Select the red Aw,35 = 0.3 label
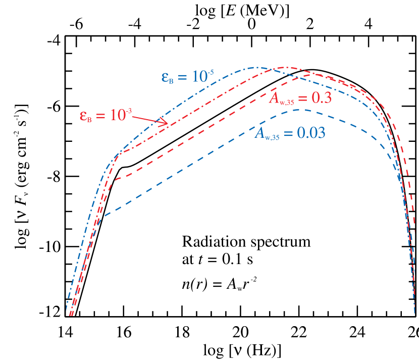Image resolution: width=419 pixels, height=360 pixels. click(300, 98)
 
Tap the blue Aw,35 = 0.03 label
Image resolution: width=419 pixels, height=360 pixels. click(289, 133)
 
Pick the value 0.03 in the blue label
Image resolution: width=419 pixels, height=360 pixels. click(310, 133)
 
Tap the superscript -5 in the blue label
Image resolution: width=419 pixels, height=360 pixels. click(210, 72)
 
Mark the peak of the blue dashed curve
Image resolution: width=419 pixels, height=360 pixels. click(299, 110)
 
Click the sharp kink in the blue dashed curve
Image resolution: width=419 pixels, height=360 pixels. click(103, 216)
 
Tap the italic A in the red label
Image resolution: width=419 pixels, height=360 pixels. click(273, 98)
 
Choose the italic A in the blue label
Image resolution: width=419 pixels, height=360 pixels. click(258, 133)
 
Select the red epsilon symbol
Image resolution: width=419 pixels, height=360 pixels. click(83, 115)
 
